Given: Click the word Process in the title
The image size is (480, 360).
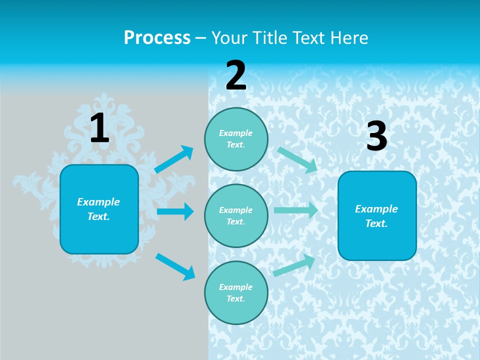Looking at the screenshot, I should click(157, 38).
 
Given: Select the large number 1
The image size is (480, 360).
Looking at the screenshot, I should click(99, 128).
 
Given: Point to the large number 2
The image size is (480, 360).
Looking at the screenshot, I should click(236, 76).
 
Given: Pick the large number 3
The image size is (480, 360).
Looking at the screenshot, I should click(376, 137).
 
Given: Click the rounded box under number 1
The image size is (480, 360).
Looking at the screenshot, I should click(99, 209).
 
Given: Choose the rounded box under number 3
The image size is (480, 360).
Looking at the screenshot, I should click(377, 215).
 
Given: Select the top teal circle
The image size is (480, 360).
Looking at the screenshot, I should click(236, 139).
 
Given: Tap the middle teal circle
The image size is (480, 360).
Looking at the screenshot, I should click(236, 215).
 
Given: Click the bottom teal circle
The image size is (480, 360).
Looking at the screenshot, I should click(236, 292).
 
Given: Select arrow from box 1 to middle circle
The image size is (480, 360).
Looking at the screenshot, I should click(175, 211).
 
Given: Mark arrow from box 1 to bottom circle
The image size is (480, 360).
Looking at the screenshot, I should click(175, 266).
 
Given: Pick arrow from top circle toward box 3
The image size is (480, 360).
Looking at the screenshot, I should click(297, 159).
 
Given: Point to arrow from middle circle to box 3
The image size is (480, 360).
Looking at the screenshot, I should click(296, 210).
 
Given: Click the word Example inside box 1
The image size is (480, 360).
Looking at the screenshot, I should click(98, 202).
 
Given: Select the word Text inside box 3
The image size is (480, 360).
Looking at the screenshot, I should click(376, 223).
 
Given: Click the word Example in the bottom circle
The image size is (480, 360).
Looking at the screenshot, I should click(235, 287).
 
